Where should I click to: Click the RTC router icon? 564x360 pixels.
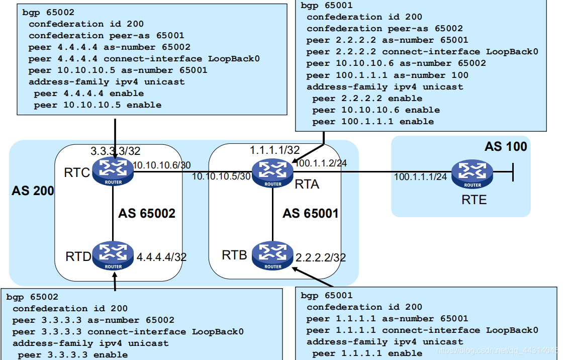114,171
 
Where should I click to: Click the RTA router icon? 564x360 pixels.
272,171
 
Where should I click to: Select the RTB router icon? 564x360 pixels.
272,254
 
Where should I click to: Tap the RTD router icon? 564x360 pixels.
114,254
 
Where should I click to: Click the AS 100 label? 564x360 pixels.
505,146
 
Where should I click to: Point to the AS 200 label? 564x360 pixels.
33,191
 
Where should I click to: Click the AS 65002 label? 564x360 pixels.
147,214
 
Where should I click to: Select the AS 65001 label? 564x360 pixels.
310,214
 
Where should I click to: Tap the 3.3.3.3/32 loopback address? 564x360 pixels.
115,151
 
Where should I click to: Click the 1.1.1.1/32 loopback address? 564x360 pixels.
274,150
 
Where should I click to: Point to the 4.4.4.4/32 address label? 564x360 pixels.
161,257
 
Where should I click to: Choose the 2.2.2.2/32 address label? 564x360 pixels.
320,258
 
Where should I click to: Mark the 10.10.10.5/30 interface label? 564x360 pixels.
221,176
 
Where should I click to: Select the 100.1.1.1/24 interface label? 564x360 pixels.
420,176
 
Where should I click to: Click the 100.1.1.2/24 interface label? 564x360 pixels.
320,163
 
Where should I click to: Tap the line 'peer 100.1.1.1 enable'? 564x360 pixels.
372,122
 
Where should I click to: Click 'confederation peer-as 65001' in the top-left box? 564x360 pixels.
106,36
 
